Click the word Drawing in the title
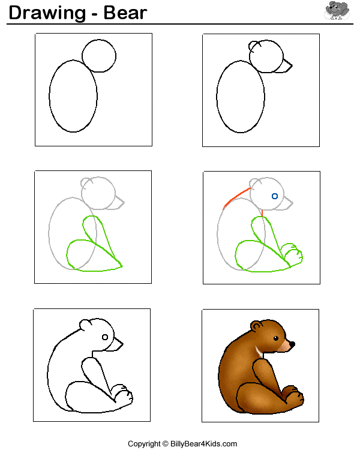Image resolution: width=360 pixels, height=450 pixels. point(47,13)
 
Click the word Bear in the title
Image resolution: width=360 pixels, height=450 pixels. point(125,13)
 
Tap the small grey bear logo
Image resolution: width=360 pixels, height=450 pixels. point(337,10)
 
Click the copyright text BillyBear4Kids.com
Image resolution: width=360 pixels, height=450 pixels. point(203,443)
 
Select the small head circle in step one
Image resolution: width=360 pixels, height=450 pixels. point(99,40)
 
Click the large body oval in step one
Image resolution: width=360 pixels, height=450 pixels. point(49,96)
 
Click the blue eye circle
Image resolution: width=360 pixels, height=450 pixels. point(275,196)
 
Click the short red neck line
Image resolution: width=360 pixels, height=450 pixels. point(262,213)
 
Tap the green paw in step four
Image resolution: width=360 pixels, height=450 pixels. point(292,254)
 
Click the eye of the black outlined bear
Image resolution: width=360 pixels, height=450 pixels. point(105,337)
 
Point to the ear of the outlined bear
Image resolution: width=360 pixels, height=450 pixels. point(85,325)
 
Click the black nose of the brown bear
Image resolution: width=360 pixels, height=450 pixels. point(292,344)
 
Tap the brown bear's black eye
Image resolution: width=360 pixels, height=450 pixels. point(276,338)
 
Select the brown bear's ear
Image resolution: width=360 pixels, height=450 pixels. point(256,326)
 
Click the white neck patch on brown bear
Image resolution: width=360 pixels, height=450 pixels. point(259,352)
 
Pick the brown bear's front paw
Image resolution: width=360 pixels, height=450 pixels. point(293,395)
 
